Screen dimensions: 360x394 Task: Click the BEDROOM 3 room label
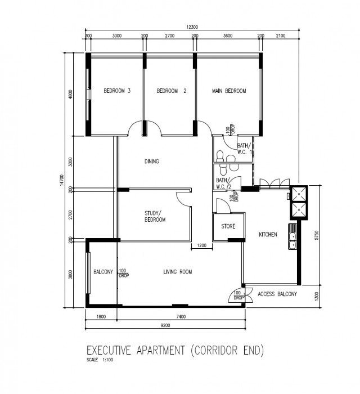[117, 91]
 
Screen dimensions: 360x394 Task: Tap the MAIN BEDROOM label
[229, 91]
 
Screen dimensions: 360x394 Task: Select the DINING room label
[152, 162]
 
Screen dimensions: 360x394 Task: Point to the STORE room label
[228, 226]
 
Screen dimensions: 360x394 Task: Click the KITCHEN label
[268, 235]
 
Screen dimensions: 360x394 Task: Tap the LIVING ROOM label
[178, 272]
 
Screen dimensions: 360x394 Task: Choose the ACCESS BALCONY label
[277, 294]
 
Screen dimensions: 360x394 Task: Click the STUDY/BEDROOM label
[155, 216]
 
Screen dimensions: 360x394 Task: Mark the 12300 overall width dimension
[192, 27]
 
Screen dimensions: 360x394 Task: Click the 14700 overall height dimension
[62, 180]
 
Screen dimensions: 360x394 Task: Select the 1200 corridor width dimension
[202, 245]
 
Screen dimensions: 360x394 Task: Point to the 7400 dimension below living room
[181, 316]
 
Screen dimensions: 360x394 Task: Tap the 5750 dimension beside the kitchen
[317, 235]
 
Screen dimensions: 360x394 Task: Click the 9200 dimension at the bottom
[165, 325]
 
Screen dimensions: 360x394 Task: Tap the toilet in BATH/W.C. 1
[220, 155]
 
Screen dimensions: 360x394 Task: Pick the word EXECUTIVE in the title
[109, 350]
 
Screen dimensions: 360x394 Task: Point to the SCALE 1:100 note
[100, 360]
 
